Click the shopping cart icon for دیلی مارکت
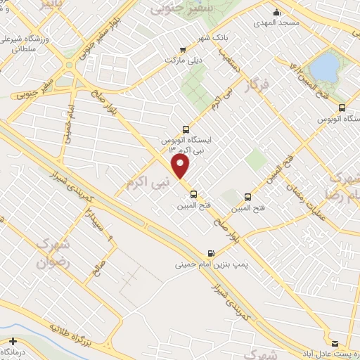[x=183, y=49]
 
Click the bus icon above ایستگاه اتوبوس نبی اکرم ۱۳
[x=186, y=129]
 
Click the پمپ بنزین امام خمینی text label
[x=206, y=266]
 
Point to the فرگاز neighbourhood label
[x=258, y=89]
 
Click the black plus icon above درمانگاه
[x=12, y=340]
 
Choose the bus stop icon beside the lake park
[x=342, y=108]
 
